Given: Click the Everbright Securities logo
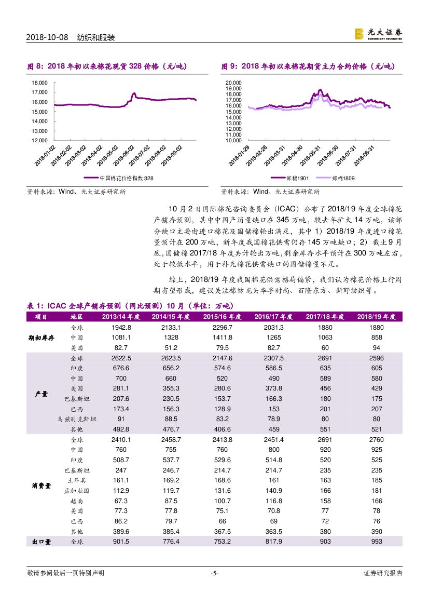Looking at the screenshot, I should click(378, 34).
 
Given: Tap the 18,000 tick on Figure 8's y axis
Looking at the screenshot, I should click(40, 83).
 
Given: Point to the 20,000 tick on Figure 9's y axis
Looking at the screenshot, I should click(234, 83).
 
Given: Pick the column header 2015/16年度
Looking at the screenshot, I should click(222, 317).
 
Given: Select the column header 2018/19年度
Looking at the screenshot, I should click(377, 317).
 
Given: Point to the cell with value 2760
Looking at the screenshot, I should click(377, 439).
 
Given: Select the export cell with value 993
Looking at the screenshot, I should click(377, 542).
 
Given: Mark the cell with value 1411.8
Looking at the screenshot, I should click(222, 338).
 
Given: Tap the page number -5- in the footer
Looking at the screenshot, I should click(214, 573).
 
